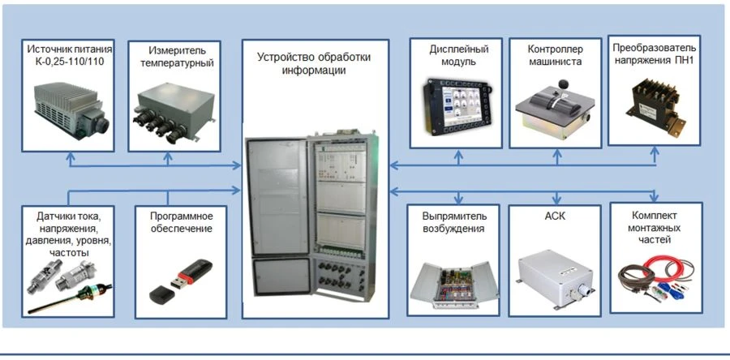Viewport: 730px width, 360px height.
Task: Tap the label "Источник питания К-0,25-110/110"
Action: [x=68, y=55]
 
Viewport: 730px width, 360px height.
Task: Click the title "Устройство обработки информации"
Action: [x=314, y=63]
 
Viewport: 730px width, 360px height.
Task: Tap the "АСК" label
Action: [x=555, y=216]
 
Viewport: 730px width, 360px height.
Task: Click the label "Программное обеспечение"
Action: [x=182, y=222]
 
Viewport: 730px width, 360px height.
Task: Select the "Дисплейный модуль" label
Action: [x=453, y=55]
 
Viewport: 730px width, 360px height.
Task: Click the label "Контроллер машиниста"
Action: [x=555, y=55]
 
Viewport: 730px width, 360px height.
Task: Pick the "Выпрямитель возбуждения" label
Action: [x=453, y=222]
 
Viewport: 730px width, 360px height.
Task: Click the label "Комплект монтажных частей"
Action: [x=655, y=229]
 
